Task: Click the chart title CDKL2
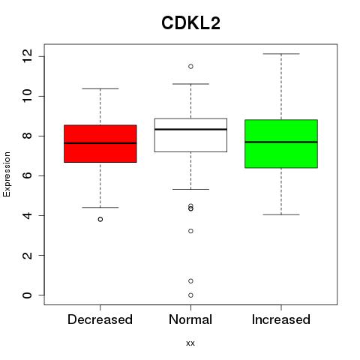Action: tap(190, 23)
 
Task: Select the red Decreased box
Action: tap(100, 144)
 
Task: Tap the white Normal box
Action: tap(190, 135)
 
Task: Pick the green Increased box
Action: tap(281, 144)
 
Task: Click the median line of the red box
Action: tap(100, 143)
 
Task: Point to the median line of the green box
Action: tap(281, 142)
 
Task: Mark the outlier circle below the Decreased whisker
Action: tap(100, 219)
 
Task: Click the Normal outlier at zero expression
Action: tap(190, 295)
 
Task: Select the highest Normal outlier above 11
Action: tap(190, 66)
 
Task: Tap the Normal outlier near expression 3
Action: tap(190, 231)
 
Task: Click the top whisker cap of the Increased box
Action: tap(281, 54)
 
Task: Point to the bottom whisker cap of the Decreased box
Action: tap(100, 207)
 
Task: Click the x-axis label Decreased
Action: tap(100, 319)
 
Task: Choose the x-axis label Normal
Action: tap(190, 319)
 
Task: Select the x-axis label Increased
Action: tap(281, 319)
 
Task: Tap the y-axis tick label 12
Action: tap(27, 56)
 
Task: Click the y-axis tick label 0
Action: tap(27, 295)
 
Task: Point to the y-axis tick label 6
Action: tap(27, 175)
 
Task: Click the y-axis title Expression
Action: tap(7, 174)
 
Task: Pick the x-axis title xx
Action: tap(190, 343)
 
